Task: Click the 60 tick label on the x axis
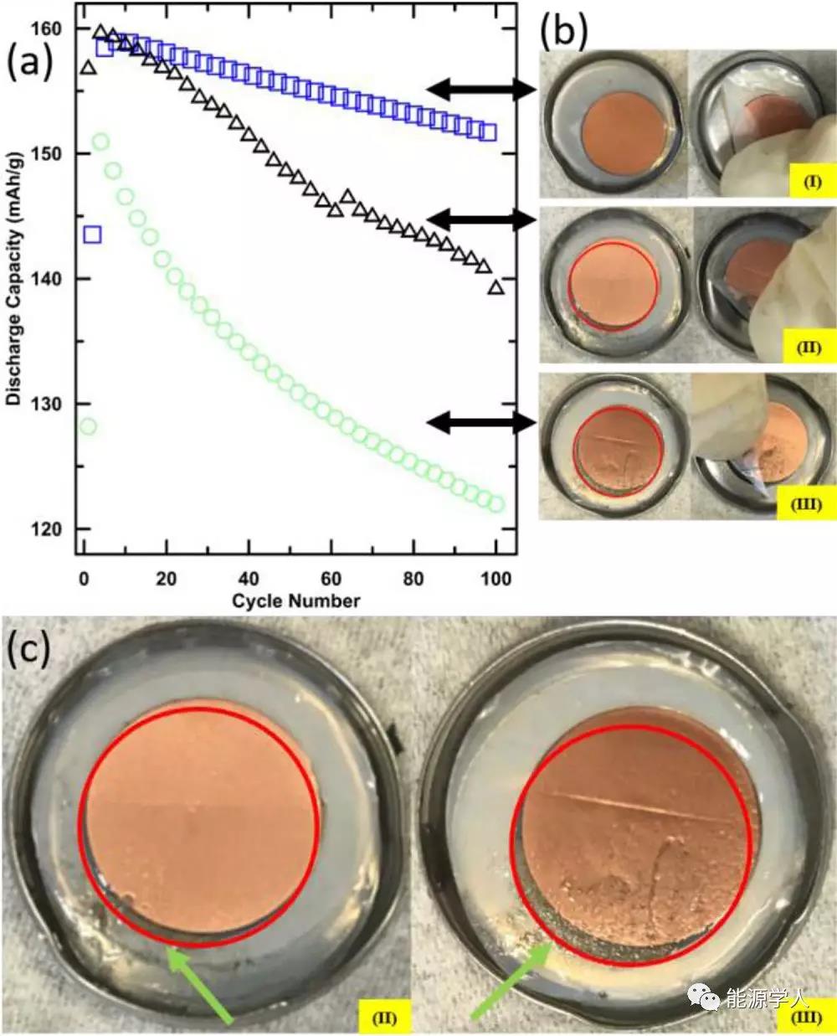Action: click(x=331, y=578)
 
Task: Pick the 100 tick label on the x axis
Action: click(x=496, y=578)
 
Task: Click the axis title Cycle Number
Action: click(x=296, y=600)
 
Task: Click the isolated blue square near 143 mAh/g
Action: click(x=92, y=235)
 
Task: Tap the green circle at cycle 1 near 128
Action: click(x=87, y=427)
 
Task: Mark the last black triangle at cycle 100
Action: click(x=496, y=288)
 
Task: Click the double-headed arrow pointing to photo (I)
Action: click(x=481, y=89)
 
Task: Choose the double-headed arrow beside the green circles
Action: click(x=481, y=424)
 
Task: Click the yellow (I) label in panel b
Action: click(x=811, y=181)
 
